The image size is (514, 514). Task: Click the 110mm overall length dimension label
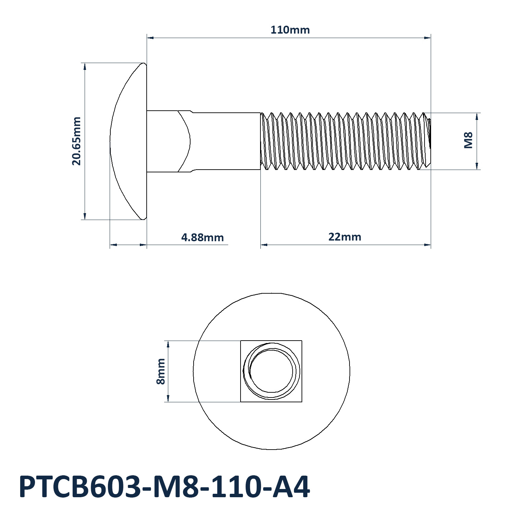point(290,30)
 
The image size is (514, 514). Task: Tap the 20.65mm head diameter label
point(76,141)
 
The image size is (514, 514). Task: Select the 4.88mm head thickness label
point(203,237)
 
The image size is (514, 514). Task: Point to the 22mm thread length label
point(345,237)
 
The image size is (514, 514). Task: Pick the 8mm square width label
point(161,371)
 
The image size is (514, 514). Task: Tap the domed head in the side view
point(128,141)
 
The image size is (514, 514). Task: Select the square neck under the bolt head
point(169,141)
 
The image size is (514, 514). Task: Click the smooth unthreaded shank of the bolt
point(226,141)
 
